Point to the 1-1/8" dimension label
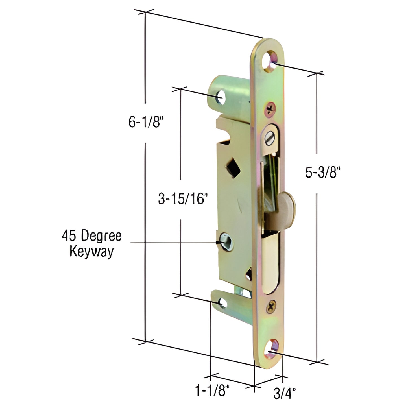click(211, 391)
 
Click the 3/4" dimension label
click(284, 393)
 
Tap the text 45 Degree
click(91, 236)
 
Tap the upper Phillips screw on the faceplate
click(270, 108)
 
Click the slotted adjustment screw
click(270, 138)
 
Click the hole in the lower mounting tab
click(222, 303)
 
